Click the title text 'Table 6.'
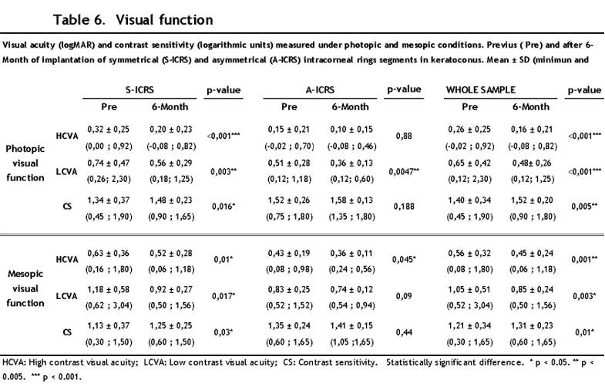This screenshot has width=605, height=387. point(79,20)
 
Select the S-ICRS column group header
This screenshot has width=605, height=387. point(139,90)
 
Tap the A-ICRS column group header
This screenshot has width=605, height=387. point(320,90)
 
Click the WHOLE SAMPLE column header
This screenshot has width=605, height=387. point(481,90)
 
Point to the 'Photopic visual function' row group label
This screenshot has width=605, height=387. point(25,163)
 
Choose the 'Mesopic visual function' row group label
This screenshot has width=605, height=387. point(25,288)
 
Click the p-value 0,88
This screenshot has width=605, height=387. point(404,136)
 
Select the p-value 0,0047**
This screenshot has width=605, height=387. point(404,172)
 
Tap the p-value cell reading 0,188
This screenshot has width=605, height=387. point(404,207)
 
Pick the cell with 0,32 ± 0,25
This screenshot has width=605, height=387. point(109,130)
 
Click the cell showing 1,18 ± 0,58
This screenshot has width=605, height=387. point(109,289)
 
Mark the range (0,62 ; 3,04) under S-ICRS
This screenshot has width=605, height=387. point(109,305)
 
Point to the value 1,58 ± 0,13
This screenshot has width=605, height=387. point(351,200)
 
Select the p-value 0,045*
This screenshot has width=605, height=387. point(404,259)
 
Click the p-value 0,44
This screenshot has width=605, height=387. point(404,332)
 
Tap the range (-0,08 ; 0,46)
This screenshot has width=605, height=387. point(352,146)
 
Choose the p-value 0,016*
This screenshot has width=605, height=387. point(224,207)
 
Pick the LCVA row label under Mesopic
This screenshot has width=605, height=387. point(67,296)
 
